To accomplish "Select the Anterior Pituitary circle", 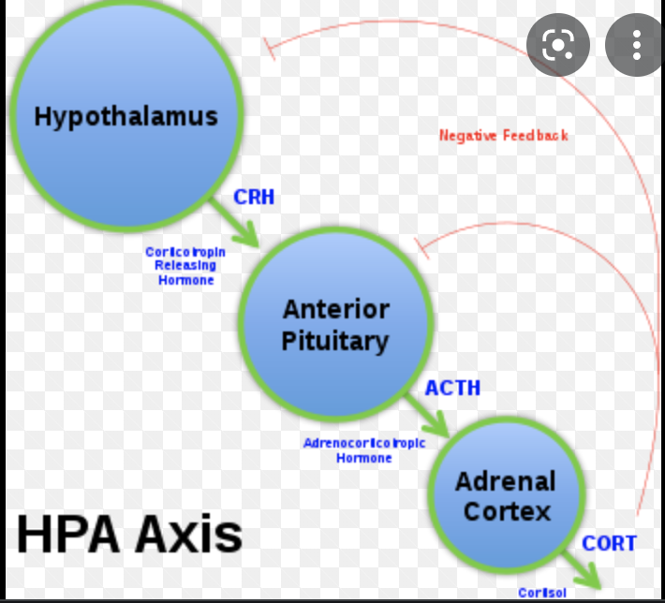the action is (335, 323).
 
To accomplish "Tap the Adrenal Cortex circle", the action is (506, 496).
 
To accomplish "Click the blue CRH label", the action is (254, 198).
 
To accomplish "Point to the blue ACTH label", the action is (452, 387).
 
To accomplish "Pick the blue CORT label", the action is (609, 543).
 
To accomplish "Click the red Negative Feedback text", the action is (503, 136).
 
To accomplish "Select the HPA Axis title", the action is (129, 535).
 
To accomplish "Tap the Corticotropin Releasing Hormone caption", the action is (185, 266).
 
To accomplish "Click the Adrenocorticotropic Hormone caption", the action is (364, 450).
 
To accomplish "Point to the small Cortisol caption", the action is (542, 593).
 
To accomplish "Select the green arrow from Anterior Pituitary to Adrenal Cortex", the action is (429, 417).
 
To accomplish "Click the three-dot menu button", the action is (637, 44).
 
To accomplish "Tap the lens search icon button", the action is (557, 44).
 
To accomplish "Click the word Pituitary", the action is (335, 340).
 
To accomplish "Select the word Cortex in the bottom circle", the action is (507, 512).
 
